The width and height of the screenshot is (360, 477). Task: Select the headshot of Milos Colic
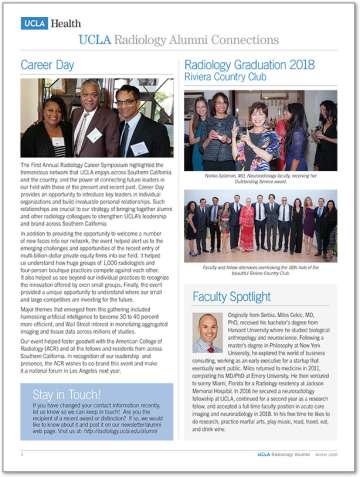click(x=208, y=333)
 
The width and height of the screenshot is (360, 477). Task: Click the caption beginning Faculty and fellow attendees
click(x=260, y=270)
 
